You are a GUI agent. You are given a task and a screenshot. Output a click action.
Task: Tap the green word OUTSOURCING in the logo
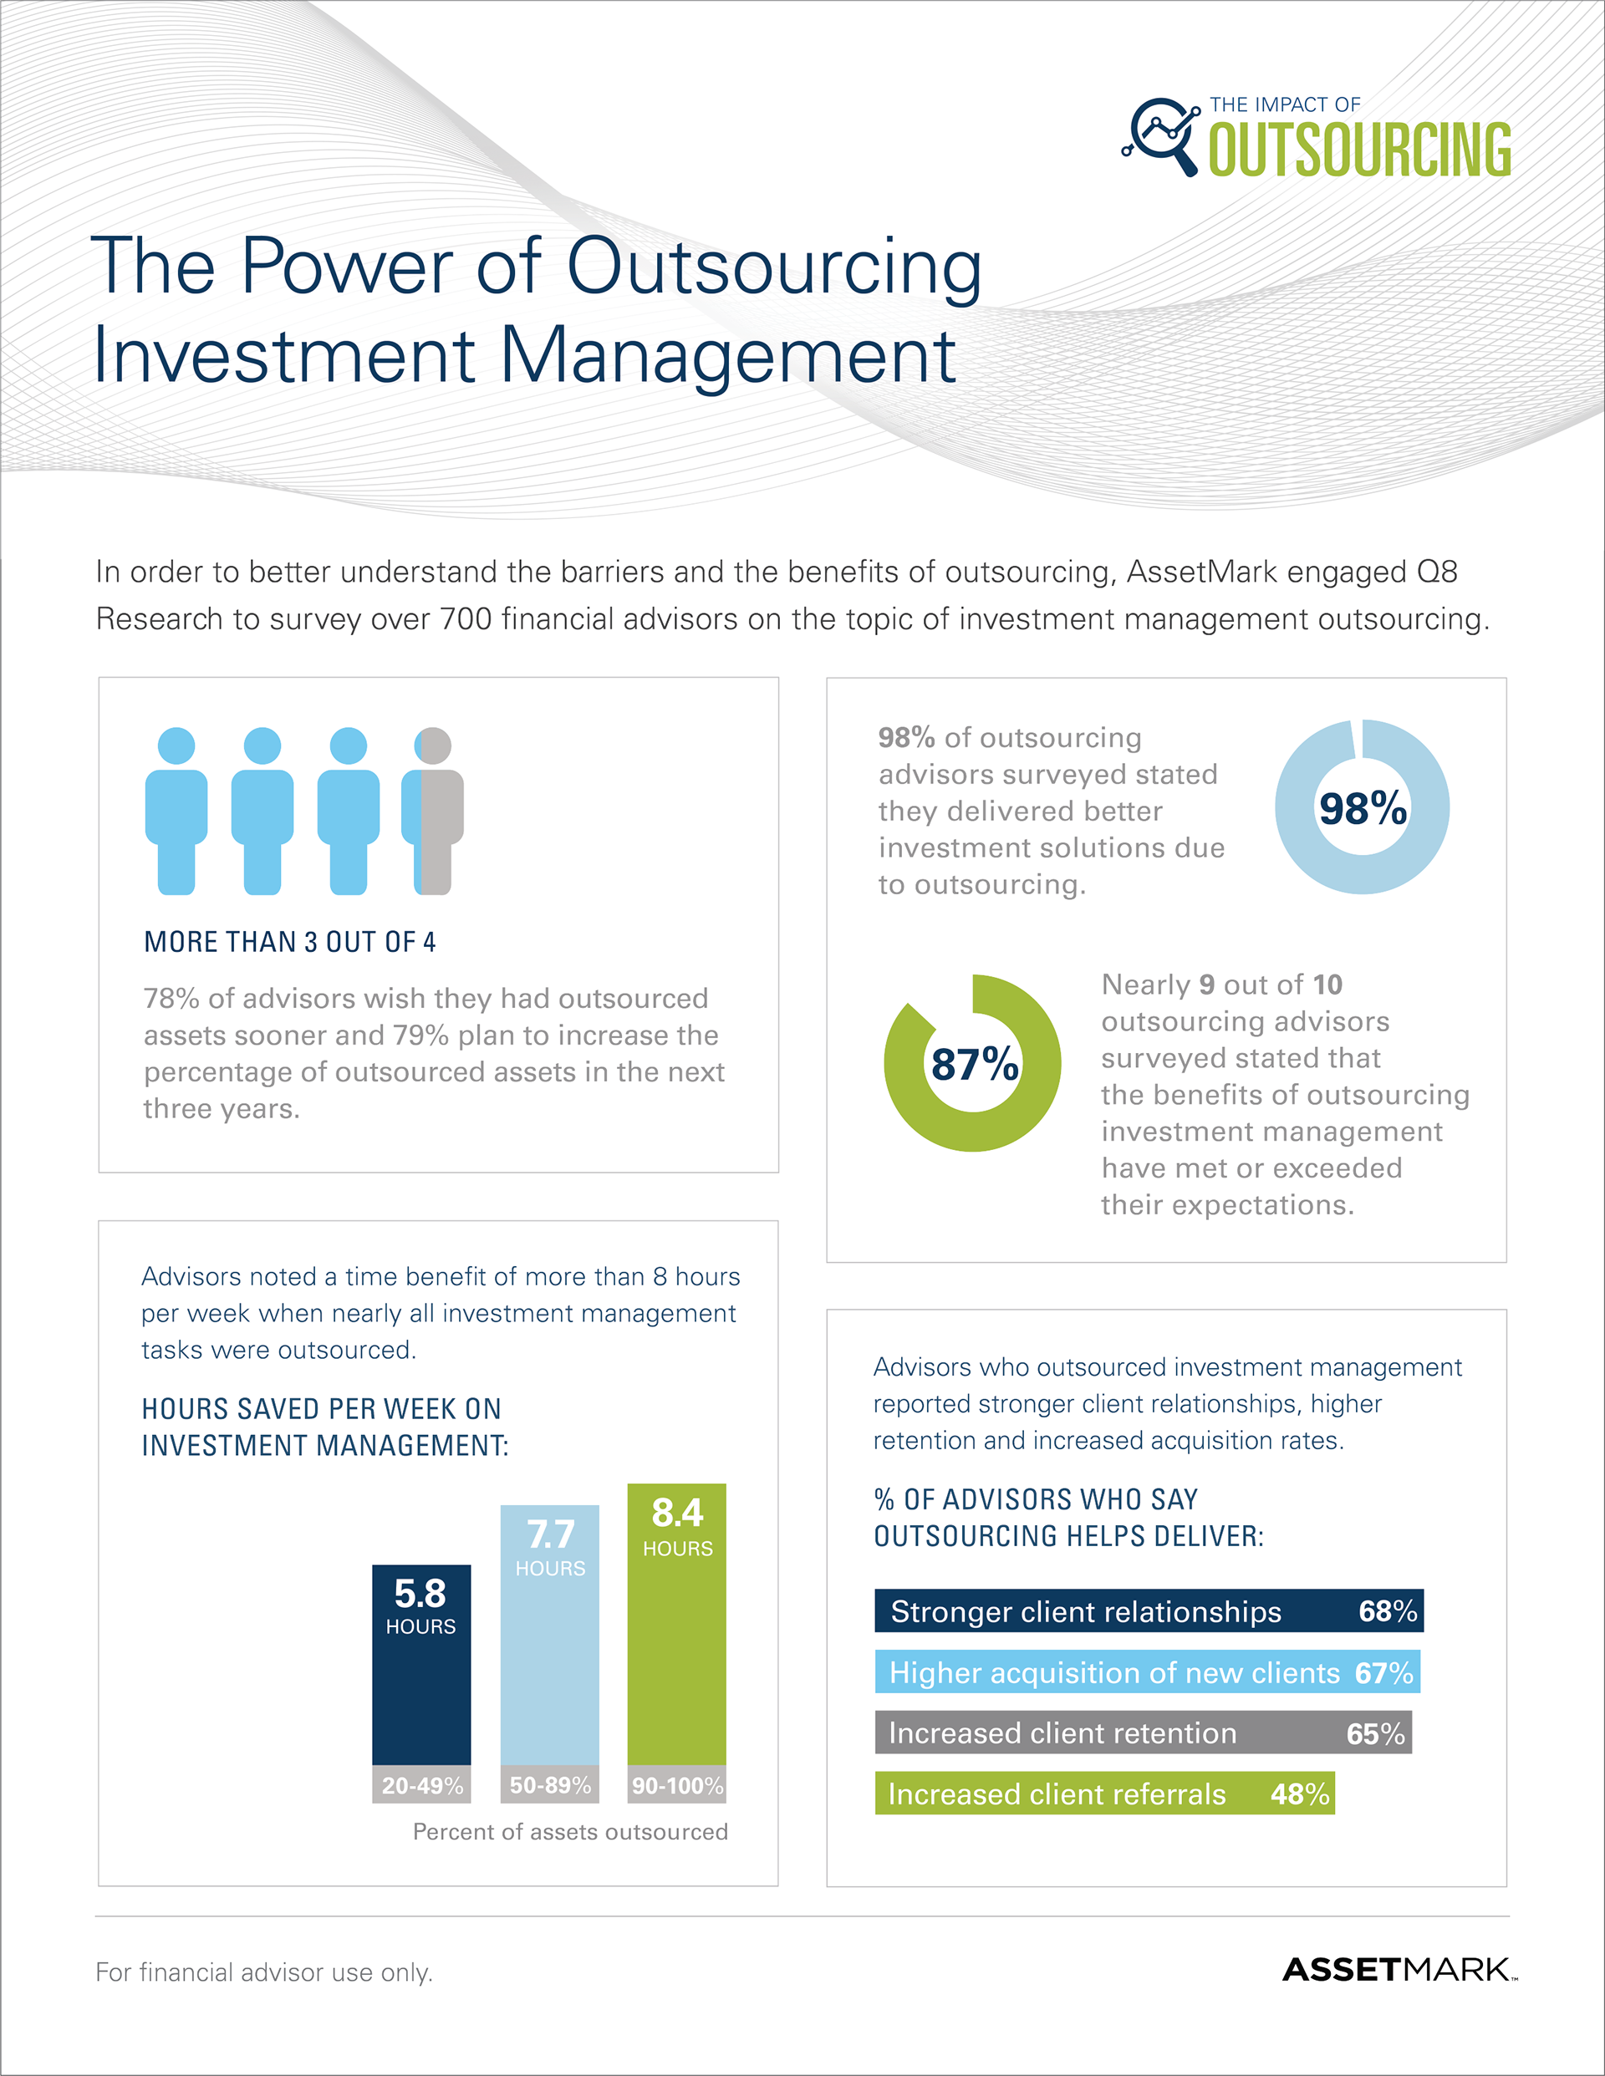click(x=1360, y=150)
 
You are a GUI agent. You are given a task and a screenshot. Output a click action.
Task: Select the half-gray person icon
click(x=434, y=811)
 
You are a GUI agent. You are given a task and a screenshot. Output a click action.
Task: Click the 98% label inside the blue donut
click(x=1363, y=809)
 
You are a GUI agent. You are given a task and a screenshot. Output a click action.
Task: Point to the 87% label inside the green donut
click(x=974, y=1064)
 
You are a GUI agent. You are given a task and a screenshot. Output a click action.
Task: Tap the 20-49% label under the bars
click(x=422, y=1785)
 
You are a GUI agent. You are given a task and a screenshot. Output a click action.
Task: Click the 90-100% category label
click(x=677, y=1785)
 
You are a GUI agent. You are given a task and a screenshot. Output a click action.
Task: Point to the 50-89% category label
click(x=549, y=1785)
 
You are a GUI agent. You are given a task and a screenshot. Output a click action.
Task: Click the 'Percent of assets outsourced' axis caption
click(x=569, y=1832)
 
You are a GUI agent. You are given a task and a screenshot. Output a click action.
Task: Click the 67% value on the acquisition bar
click(x=1383, y=1673)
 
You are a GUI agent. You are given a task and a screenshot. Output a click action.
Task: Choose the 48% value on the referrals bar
click(x=1300, y=1794)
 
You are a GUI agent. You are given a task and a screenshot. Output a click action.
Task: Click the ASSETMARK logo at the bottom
click(x=1398, y=1970)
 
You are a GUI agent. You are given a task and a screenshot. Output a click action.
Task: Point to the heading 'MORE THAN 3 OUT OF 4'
click(x=290, y=942)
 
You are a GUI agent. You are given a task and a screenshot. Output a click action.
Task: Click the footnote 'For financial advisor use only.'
click(x=263, y=1972)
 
